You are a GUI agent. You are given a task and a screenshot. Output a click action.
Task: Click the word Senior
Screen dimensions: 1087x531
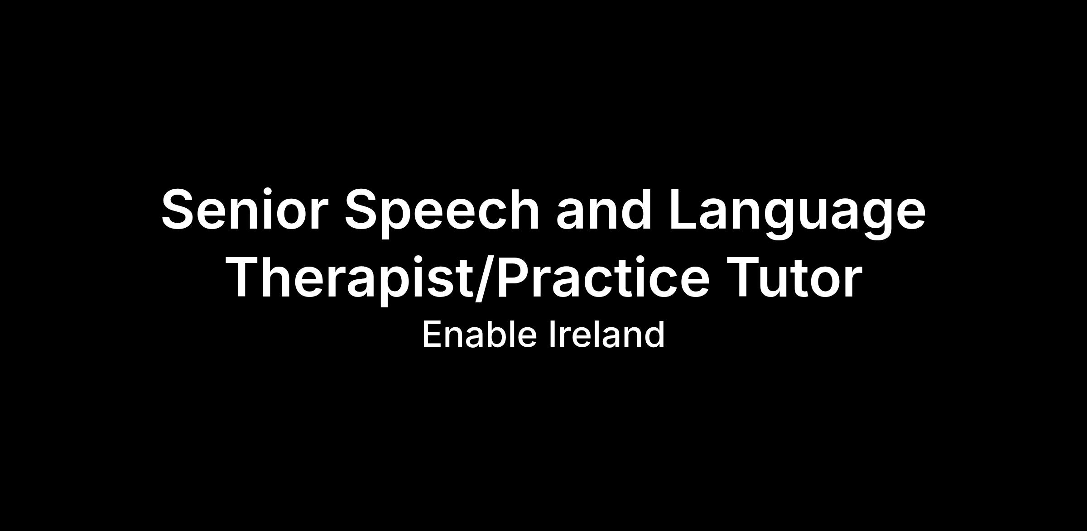click(245, 209)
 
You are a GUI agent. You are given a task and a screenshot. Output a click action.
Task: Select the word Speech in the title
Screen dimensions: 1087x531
click(442, 212)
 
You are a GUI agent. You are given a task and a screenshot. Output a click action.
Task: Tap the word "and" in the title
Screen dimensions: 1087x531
click(604, 209)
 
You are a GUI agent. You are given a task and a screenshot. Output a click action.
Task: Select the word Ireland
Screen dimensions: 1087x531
click(607, 334)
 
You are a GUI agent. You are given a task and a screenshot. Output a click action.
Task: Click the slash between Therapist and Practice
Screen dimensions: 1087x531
click(484, 277)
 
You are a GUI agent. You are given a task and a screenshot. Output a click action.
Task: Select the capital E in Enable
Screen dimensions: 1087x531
click(432, 335)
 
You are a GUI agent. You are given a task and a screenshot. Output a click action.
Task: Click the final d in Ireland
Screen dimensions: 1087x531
click(655, 334)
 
